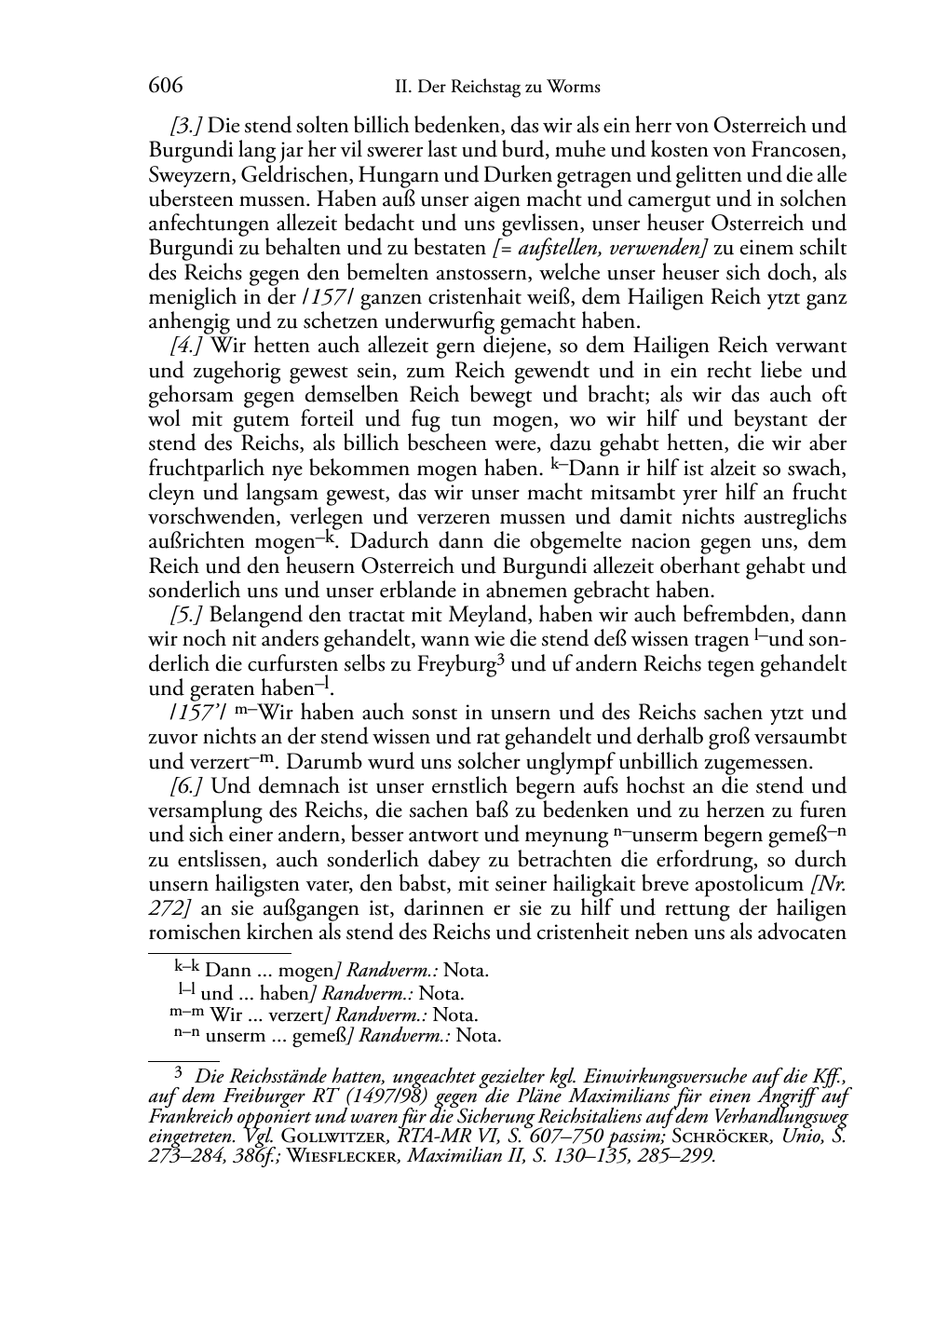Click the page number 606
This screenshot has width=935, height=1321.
pos(165,87)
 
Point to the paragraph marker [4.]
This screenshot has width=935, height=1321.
pos(187,346)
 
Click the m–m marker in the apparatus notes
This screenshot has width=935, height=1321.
pos(187,1014)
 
